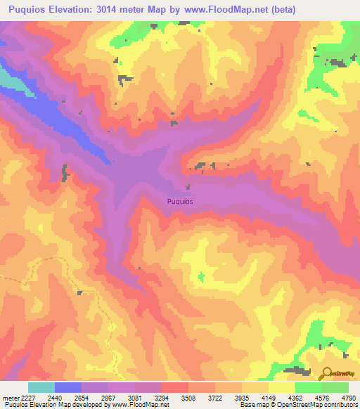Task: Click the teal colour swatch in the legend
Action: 41,387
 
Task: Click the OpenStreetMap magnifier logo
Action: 328,374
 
